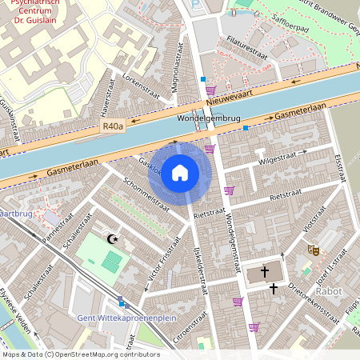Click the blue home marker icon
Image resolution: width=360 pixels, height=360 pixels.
point(180,172)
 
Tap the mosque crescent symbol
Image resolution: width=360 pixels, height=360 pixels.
point(112,238)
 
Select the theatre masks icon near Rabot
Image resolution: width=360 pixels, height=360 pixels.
point(314,250)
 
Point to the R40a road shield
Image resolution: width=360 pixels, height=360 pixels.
point(113,126)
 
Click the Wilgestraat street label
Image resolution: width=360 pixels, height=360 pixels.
point(277,161)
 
